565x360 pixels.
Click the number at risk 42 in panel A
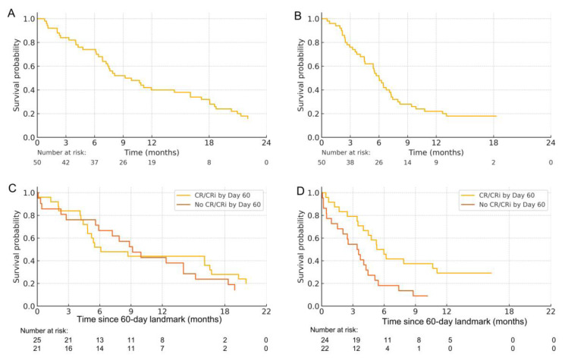67,162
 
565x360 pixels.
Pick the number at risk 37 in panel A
95,162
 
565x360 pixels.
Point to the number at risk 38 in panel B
350,162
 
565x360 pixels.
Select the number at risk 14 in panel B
407,162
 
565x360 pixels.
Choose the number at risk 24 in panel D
322,340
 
